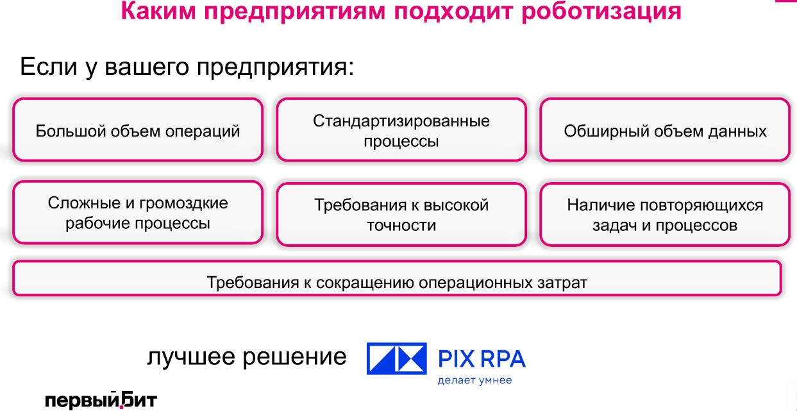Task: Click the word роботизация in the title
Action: click(x=601, y=11)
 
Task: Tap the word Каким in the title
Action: click(x=158, y=11)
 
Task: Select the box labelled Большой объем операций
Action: click(x=138, y=130)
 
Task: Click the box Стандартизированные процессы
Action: click(x=401, y=130)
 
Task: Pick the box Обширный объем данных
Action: click(x=665, y=130)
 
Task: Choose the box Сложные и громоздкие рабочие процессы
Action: click(x=138, y=212)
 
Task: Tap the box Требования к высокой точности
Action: click(x=401, y=214)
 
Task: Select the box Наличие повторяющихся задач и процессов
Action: click(x=665, y=214)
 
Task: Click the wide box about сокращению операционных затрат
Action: click(x=397, y=278)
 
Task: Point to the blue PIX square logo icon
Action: click(x=397, y=358)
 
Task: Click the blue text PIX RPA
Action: click(x=482, y=358)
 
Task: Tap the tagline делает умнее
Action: click(x=474, y=380)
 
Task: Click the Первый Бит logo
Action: click(x=101, y=399)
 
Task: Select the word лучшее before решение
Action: click(x=191, y=357)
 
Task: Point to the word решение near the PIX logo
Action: click(x=294, y=357)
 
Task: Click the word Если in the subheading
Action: click(x=48, y=66)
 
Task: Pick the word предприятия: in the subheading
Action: click(x=276, y=67)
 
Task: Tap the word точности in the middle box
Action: click(x=401, y=226)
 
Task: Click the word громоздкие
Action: click(x=183, y=203)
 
